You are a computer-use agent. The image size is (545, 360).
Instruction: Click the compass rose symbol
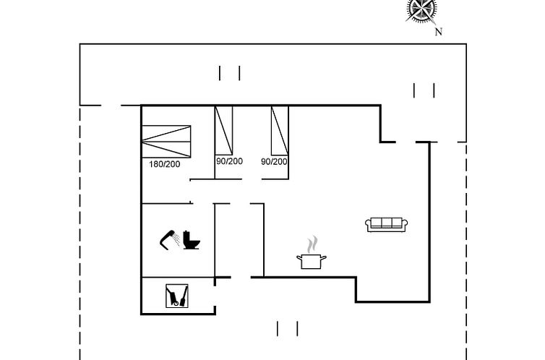tap(421, 9)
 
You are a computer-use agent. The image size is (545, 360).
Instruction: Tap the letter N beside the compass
tap(438, 32)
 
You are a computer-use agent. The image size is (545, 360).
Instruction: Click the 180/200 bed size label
tap(165, 164)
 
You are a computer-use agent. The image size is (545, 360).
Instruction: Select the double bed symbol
tap(168, 140)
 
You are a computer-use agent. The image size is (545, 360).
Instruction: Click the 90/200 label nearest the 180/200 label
tap(229, 161)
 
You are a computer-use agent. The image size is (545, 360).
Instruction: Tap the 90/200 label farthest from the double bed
tap(275, 161)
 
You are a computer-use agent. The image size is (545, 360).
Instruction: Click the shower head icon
tap(169, 239)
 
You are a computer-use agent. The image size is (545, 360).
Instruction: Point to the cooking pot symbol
tap(311, 260)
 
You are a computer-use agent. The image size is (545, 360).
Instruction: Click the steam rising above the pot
tap(312, 243)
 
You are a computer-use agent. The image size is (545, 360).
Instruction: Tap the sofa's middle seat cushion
tap(387, 223)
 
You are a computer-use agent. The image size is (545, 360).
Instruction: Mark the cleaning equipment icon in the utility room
tap(178, 295)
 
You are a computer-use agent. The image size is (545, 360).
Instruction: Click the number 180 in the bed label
tap(156, 164)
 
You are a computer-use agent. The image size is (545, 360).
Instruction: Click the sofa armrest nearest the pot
tap(369, 226)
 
